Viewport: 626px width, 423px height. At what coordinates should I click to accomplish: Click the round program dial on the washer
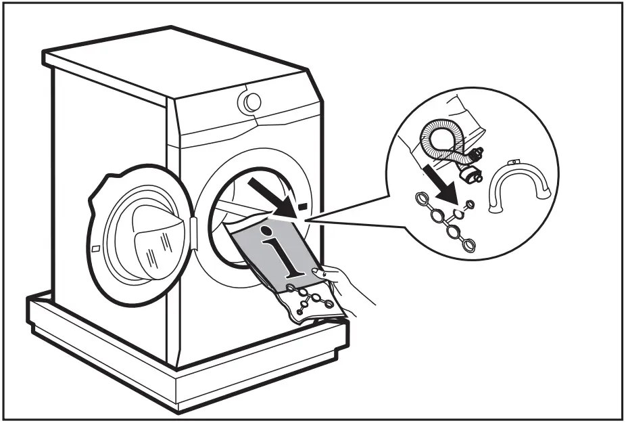pos(249,102)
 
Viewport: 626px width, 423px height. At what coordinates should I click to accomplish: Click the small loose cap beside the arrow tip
pos(469,203)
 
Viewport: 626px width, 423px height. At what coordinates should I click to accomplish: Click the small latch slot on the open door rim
pos(97,249)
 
